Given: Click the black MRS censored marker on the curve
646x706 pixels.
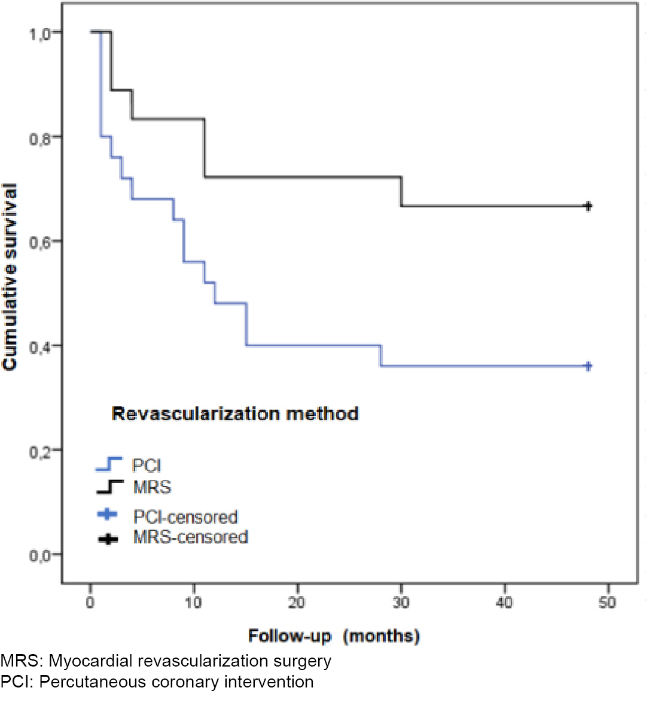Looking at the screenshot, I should coord(588,206).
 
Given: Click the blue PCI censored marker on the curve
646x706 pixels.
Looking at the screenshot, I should coord(588,366).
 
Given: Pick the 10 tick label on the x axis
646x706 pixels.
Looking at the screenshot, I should coord(193,603).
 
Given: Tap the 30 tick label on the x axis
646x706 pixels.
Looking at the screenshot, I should coord(401,603).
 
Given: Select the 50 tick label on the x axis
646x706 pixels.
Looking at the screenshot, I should coord(607,603).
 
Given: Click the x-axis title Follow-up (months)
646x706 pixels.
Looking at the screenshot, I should coord(334,635).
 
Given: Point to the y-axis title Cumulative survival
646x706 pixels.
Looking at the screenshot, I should coord(10,277).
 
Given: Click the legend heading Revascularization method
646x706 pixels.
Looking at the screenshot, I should coord(235,414).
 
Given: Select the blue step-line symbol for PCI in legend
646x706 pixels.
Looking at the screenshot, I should coord(109,464).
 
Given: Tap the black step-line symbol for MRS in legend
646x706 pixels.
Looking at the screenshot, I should coord(109,487).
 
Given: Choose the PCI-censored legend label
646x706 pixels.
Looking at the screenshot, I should coord(185,516).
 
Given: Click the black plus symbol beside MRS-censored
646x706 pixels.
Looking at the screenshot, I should coord(108,539).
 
